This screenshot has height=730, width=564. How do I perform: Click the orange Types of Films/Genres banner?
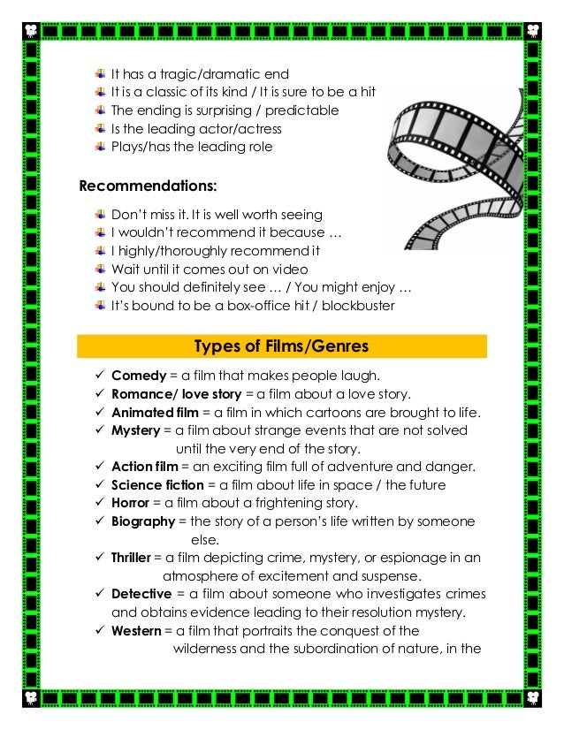282,346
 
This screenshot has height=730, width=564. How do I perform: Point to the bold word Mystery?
135,430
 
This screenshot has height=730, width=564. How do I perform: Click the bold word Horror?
131,503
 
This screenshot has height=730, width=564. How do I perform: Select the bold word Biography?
143,521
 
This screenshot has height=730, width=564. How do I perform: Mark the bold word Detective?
141,595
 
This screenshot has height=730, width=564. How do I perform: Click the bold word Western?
136,631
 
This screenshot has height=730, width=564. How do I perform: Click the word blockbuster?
360,306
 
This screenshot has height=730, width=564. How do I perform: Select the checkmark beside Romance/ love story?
99,393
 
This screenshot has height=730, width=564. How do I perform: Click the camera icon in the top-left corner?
31,31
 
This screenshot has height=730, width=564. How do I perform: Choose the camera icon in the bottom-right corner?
533,698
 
